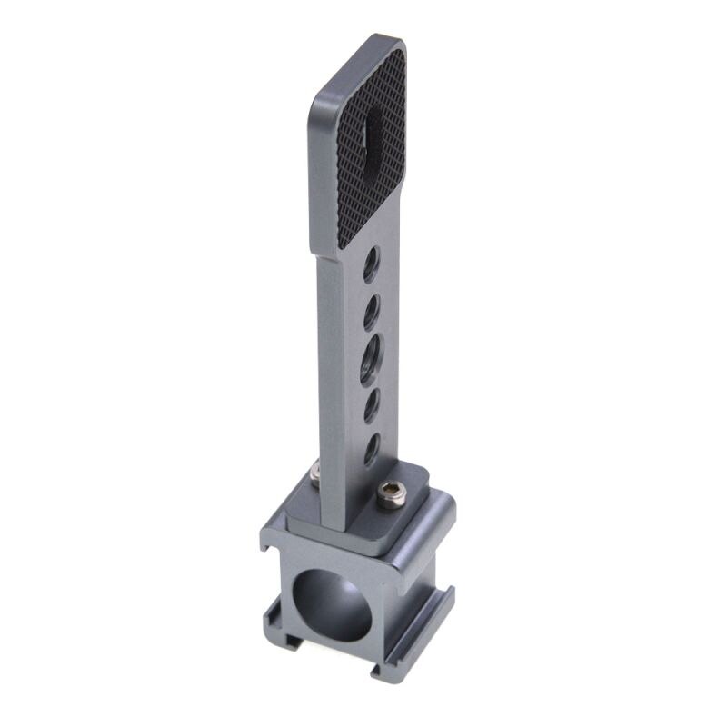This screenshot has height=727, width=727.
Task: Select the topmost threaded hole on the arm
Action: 370,266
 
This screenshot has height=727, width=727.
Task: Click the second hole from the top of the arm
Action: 372,314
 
